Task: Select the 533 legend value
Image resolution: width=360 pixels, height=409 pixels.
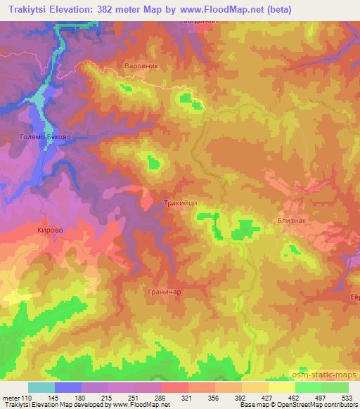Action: point(346,397)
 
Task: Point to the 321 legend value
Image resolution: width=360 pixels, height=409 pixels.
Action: point(186,397)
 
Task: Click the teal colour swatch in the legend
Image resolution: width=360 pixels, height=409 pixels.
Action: point(41,387)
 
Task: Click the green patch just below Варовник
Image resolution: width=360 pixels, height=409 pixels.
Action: point(126,88)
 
